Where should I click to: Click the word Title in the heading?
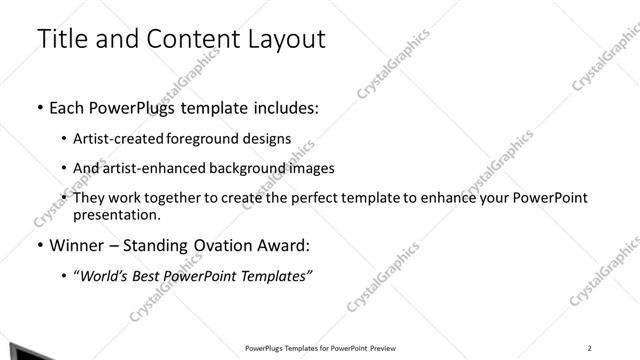tap(61, 39)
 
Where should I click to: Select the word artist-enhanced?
tap(154, 169)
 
